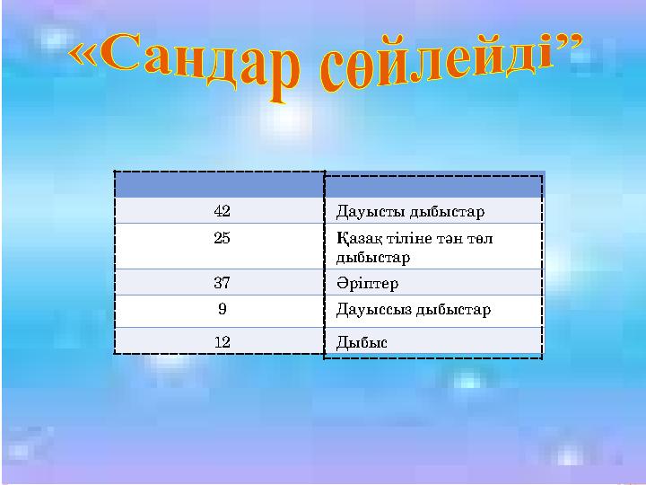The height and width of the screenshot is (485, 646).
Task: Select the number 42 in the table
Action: point(222,212)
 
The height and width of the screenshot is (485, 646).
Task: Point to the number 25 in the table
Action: point(222,240)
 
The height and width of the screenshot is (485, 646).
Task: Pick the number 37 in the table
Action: point(222,283)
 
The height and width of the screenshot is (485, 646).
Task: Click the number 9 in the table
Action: point(222,310)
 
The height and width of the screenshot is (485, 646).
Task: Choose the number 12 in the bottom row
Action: point(222,341)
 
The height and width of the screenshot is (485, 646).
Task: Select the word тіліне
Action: point(406,240)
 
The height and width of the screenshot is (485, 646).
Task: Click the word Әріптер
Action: point(367,284)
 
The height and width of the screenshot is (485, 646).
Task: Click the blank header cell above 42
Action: point(219,184)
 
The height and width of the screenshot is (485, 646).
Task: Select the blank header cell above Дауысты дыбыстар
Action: point(433,186)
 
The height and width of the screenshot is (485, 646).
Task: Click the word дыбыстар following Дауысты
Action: point(446,213)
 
